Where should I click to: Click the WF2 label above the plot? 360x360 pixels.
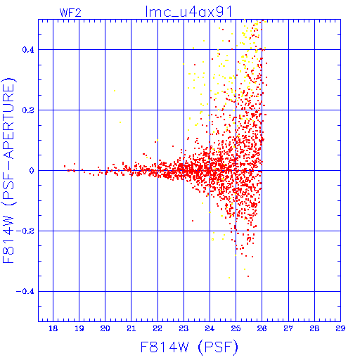[70, 13]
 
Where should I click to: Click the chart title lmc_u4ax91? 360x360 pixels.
[189, 12]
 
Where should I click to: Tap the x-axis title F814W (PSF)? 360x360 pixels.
[189, 347]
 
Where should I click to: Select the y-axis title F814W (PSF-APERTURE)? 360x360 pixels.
[8, 170]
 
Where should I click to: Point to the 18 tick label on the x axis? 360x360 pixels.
[53, 328]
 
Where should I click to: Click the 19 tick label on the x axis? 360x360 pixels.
[79, 328]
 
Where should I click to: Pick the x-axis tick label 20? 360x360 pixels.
[105, 328]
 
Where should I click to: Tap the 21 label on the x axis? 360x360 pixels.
[131, 328]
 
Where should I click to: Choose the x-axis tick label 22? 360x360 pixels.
[157, 328]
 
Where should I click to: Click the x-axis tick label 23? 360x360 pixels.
[184, 328]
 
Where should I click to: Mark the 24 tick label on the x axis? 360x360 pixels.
[210, 328]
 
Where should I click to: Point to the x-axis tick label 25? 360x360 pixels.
[236, 328]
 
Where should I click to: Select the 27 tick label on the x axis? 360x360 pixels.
[288, 328]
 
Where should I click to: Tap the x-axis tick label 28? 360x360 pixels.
[314, 328]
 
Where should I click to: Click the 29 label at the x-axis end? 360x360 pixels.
[340, 328]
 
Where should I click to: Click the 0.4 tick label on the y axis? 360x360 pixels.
[28, 50]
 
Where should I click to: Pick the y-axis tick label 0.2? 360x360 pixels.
[28, 110]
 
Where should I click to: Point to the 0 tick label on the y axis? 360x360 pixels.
[32, 170]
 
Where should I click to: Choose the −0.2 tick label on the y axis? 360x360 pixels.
[25, 231]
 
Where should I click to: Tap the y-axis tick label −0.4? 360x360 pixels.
[25, 292]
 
